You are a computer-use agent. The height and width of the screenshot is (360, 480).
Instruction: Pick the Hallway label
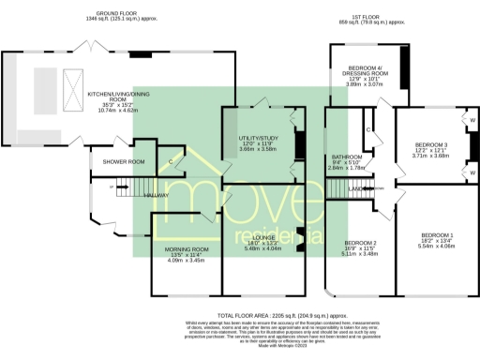coord(155,194)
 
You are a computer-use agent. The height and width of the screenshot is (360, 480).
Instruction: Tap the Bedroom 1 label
coord(437,238)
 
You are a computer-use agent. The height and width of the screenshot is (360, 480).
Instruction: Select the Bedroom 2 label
coord(360,246)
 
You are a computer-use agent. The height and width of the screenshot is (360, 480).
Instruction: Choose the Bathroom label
coord(346,162)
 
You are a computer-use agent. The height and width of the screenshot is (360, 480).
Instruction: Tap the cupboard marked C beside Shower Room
coord(169,161)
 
